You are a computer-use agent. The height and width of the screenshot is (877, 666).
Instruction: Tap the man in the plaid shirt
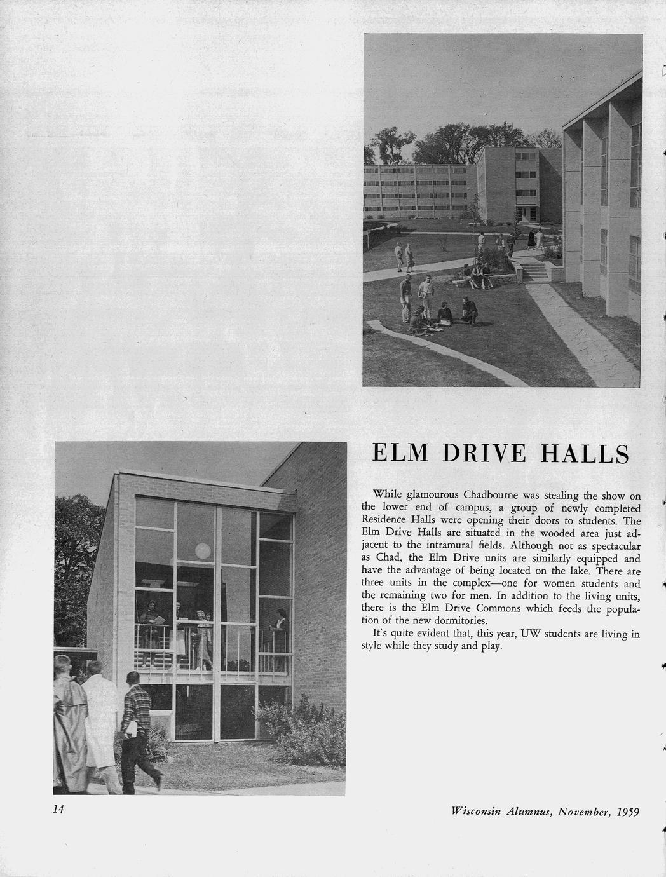[x=139, y=724]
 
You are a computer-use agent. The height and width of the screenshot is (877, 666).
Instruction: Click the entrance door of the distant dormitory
[x=524, y=214]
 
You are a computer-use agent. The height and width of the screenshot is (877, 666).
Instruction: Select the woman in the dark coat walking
[x=531, y=240]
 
